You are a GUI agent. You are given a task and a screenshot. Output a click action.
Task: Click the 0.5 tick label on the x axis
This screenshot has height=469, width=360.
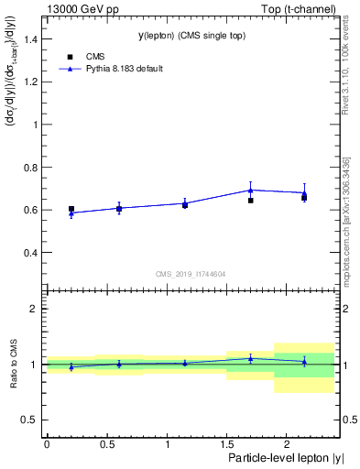tap(106, 443)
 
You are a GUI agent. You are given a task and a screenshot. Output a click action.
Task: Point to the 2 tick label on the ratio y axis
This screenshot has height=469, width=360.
tap(34, 309)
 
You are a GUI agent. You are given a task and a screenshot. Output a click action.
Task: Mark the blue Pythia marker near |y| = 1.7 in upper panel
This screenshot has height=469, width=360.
tap(250, 190)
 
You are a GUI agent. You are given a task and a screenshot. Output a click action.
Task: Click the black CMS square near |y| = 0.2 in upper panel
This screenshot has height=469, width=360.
tap(71, 209)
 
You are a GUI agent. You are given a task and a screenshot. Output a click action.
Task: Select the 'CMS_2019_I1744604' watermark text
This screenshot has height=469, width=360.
tap(191, 273)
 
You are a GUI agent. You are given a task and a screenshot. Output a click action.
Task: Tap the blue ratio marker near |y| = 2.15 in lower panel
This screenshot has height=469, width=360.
tap(304, 361)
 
